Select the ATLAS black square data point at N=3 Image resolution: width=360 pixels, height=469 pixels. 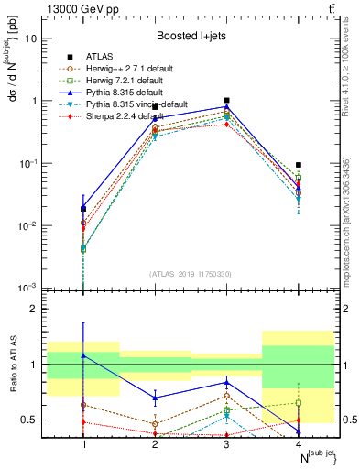click(226, 100)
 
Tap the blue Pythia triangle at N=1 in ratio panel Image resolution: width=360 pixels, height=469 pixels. click(83, 355)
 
